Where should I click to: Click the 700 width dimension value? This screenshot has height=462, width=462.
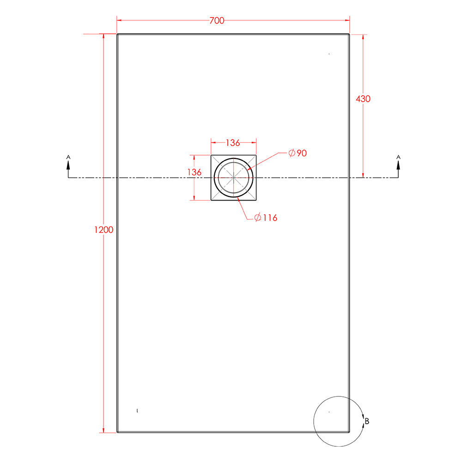[217, 21]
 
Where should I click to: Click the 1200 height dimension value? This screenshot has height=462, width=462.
[103, 230]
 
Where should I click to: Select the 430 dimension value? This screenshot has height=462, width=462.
[363, 98]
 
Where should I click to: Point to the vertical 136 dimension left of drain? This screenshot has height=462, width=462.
[195, 172]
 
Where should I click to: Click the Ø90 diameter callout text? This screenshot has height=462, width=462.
[297, 153]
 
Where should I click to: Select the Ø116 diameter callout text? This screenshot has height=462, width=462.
[266, 218]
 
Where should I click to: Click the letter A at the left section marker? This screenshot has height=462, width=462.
[68, 158]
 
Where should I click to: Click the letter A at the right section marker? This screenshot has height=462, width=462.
[398, 158]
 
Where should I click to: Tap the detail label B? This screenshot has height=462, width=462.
[367, 421]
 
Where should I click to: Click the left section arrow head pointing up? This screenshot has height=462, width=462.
[68, 166]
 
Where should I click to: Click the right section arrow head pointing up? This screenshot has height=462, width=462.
[398, 166]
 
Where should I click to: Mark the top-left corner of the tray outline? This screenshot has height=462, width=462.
[117, 34]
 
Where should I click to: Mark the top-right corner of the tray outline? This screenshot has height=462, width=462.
[349, 34]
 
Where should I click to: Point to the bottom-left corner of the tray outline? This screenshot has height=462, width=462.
[117, 432]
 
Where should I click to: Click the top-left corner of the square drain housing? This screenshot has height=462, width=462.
[212, 155]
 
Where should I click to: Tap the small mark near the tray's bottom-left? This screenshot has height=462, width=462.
[138, 410]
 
